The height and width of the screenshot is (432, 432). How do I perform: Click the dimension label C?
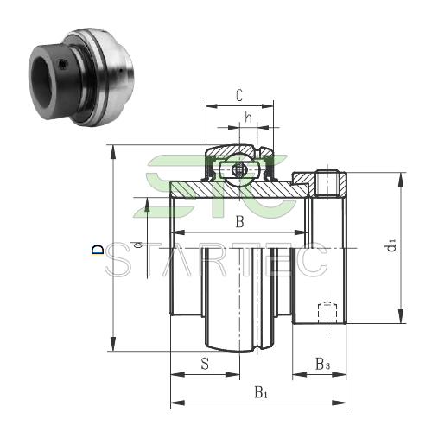[x=239, y=96]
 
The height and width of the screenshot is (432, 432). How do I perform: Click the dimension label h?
[x=248, y=118]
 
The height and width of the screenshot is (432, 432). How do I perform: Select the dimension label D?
[x=98, y=250]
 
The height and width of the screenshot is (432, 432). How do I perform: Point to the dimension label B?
[x=239, y=222]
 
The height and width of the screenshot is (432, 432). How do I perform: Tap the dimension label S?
[x=205, y=364]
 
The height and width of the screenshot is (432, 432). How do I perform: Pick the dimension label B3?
[x=322, y=364]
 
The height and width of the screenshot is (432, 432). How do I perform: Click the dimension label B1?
[x=261, y=392]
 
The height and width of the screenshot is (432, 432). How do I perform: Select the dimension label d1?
[x=392, y=245]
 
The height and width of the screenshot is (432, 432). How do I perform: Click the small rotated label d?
[x=138, y=245]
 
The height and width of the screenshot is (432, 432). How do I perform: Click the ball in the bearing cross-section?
[x=239, y=170]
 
